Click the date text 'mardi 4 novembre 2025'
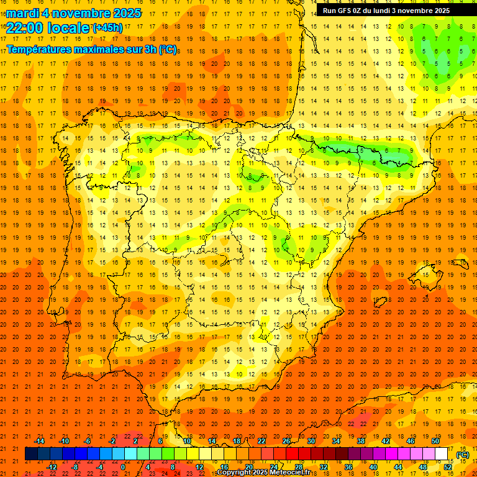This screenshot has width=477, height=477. (74, 13)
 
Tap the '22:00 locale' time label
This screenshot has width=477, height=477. (47, 27)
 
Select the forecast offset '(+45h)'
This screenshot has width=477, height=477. (107, 28)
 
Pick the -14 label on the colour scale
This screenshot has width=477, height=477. (40, 440)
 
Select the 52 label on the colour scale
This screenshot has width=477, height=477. (448, 467)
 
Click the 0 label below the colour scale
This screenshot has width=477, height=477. (123, 467)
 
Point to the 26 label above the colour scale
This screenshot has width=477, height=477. (286, 440)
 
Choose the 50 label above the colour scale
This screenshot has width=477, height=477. (435, 440)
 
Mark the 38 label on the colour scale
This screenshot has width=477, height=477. (361, 440)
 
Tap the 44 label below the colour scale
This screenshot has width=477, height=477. (399, 467)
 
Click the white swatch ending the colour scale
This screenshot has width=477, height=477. (442, 454)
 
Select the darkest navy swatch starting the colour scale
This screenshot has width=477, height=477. (31, 454)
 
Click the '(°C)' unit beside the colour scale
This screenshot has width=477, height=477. (463, 455)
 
